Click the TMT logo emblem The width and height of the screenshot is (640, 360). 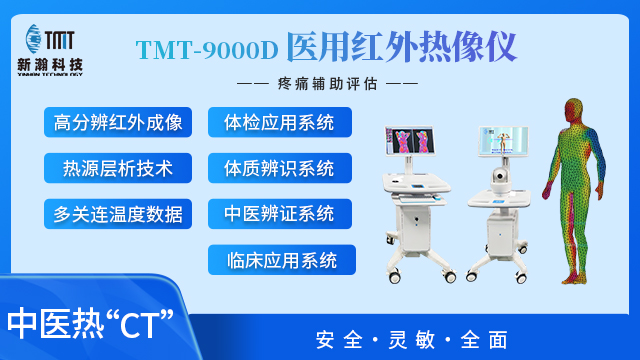tap(65, 38)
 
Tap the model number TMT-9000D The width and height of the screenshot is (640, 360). tap(207, 47)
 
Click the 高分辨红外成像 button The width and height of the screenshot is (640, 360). tap(118, 123)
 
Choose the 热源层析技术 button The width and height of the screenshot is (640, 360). tap(118, 167)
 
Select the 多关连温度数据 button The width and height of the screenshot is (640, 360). tap(118, 212)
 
